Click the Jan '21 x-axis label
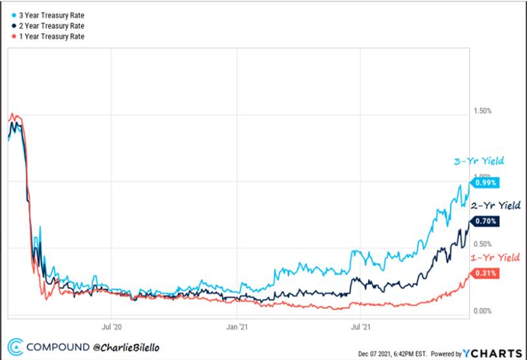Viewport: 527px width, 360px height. pos(236,326)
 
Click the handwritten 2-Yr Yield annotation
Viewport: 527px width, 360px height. pos(495,206)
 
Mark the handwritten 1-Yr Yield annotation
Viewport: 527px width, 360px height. pos(495,257)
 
